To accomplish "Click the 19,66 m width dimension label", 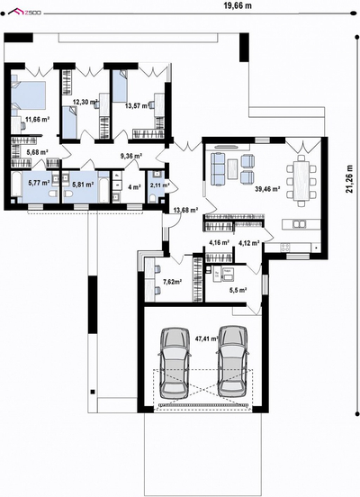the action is pyautogui.click(x=238, y=5).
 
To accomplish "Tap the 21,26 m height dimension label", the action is pyautogui.click(x=349, y=179).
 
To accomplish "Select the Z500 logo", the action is pyautogui.click(x=24, y=13).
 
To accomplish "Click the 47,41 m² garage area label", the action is pyautogui.click(x=207, y=339).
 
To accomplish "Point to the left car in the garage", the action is pyautogui.click(x=175, y=363).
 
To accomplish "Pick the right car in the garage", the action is pyautogui.click(x=233, y=362).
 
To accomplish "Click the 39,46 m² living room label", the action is pyautogui.click(x=267, y=189).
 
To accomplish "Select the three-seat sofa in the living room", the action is pyautogui.click(x=217, y=168).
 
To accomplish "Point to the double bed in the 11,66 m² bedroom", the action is pyautogui.click(x=28, y=96).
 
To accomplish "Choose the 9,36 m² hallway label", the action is pyautogui.click(x=130, y=156).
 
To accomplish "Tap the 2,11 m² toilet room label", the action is pyautogui.click(x=159, y=185).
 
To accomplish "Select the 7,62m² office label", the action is pyautogui.click(x=172, y=281).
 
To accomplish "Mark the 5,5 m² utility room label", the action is pyautogui.click(x=238, y=290).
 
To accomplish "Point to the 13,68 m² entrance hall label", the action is pyautogui.click(x=185, y=210).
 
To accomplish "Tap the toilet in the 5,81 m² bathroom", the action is pyautogui.click(x=68, y=193).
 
